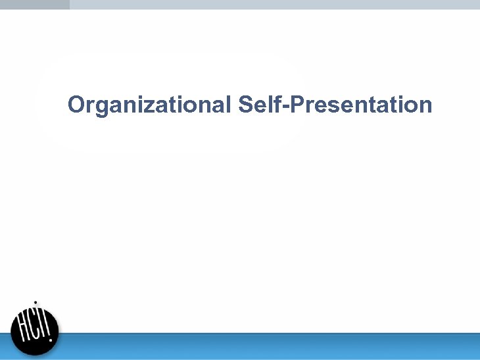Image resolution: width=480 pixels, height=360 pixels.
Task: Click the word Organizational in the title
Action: point(149,105)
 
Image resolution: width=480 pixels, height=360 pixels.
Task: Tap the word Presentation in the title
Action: point(360,105)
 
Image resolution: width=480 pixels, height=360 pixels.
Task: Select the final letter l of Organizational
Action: point(228,104)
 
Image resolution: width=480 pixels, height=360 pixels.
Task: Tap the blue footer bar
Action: point(263,346)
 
